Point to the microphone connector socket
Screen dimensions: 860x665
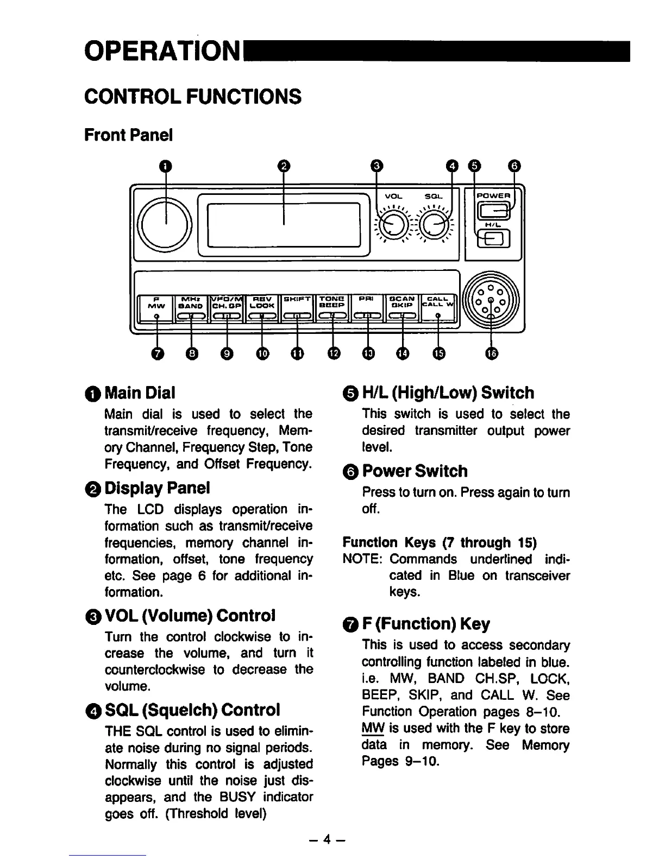(491, 301)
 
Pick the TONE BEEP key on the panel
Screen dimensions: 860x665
(332, 302)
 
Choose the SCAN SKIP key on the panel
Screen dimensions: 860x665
(403, 302)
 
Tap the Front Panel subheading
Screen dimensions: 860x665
(128, 135)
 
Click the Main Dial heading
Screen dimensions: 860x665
(140, 392)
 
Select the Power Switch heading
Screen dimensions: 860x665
(415, 471)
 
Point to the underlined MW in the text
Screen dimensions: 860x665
(371, 728)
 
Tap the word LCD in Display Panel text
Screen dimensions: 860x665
(152, 510)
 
